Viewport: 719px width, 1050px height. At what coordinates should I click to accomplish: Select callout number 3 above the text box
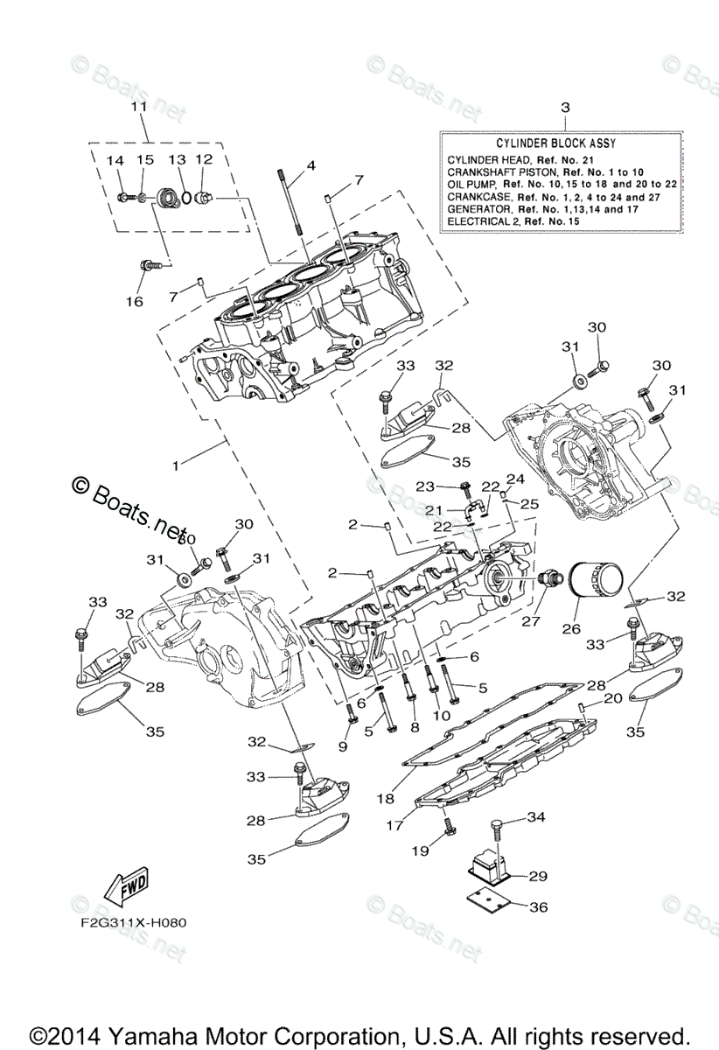tap(564, 107)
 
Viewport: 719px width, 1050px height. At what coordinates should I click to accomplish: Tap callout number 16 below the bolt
tap(133, 301)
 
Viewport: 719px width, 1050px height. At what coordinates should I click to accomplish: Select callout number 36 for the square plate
tap(538, 907)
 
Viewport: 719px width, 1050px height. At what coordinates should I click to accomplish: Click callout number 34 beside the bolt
tap(536, 816)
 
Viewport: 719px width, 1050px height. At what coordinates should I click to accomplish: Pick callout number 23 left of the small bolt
tap(425, 486)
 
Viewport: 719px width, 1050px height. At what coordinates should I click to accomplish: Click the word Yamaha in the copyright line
tap(178, 1032)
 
